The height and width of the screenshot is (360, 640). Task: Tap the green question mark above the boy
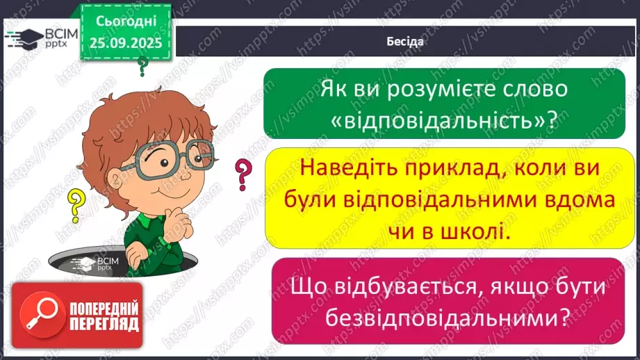point(143,67)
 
